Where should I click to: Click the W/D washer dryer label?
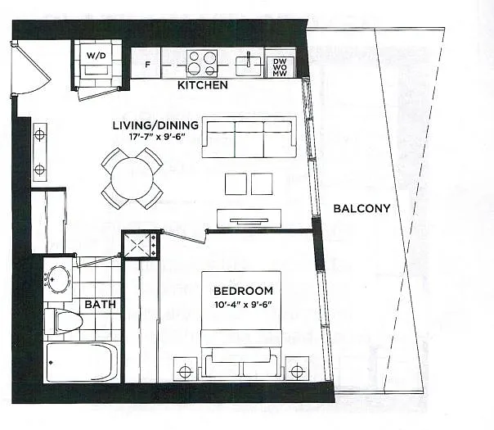[97, 56]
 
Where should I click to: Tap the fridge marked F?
[146, 64]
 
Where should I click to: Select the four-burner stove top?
[200, 63]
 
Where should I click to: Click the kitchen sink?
[246, 64]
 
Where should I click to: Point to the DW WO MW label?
[280, 66]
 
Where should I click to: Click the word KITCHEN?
[203, 85]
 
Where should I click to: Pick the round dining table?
[132, 178]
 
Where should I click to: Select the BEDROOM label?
[243, 291]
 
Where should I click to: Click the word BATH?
[100, 305]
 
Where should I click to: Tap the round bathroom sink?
[57, 277]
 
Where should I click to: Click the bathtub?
[82, 362]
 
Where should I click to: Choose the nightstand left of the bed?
[186, 369]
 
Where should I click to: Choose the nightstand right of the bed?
[296, 369]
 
